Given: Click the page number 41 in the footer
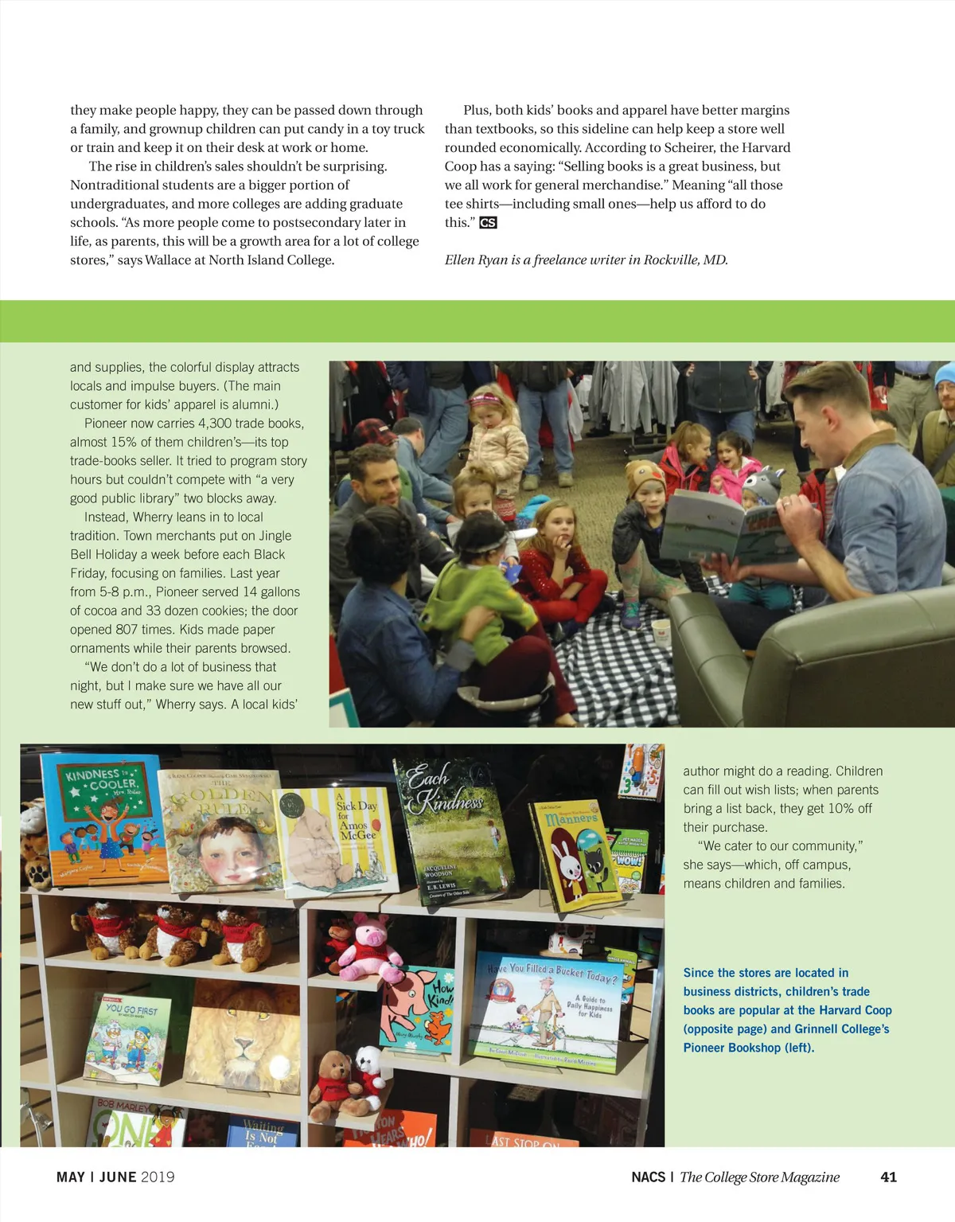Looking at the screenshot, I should pyautogui.click(x=888, y=1177).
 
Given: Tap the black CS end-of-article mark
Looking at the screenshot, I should pyautogui.click(x=488, y=223).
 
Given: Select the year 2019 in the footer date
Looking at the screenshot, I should pyautogui.click(x=158, y=1177).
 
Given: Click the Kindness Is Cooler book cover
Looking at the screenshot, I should pyautogui.click(x=101, y=820).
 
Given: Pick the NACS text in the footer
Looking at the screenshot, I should pyautogui.click(x=648, y=1177).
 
